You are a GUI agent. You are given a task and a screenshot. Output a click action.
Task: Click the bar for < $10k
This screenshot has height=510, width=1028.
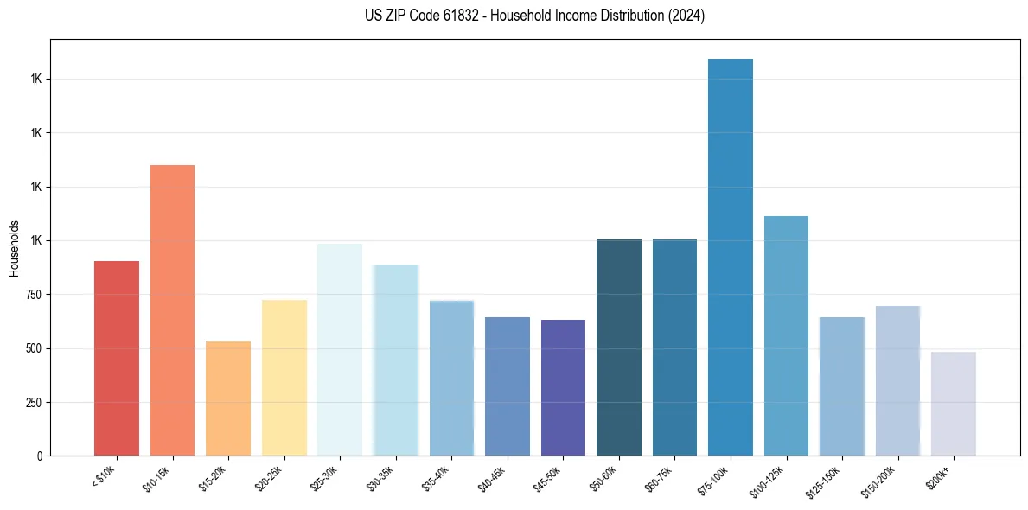117,358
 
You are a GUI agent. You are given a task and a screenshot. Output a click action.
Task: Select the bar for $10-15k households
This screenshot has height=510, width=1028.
172,310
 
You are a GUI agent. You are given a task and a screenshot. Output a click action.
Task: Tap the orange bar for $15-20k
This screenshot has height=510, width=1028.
228,398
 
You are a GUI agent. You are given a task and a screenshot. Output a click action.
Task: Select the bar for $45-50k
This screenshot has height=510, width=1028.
563,387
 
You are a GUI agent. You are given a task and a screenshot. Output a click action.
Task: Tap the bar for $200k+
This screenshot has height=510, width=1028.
954,404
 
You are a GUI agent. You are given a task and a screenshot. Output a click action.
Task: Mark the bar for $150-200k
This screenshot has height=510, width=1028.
897,380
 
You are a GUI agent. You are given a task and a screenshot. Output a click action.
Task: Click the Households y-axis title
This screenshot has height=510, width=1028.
14,247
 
